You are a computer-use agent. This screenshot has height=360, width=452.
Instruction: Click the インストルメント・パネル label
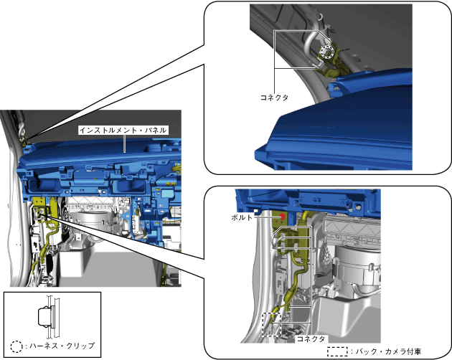pos(123,131)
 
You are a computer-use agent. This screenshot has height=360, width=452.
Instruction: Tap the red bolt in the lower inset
pos(283,217)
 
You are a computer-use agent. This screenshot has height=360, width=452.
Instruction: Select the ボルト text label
pos(242,217)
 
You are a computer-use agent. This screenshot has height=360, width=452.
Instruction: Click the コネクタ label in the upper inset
pos(274,98)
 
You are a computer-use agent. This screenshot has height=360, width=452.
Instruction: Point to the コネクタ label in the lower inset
pos(311,338)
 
